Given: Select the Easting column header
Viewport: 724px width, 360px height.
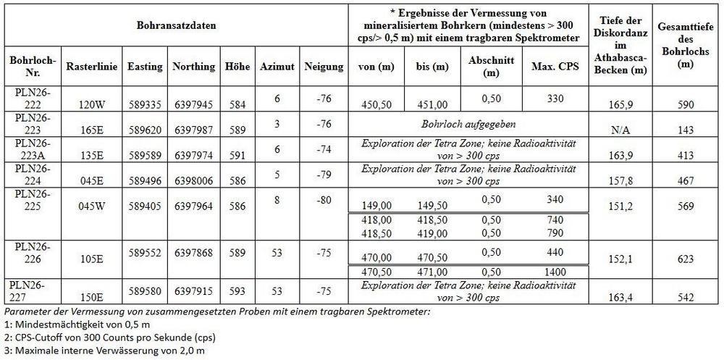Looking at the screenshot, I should (x=144, y=67).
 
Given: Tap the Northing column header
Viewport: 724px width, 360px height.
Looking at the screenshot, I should (x=193, y=67).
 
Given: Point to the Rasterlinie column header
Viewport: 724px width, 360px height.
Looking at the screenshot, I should (x=87, y=67).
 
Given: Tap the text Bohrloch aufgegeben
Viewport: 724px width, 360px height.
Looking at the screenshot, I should (x=468, y=125).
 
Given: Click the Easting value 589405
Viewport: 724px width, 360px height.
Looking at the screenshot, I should (x=144, y=206).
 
